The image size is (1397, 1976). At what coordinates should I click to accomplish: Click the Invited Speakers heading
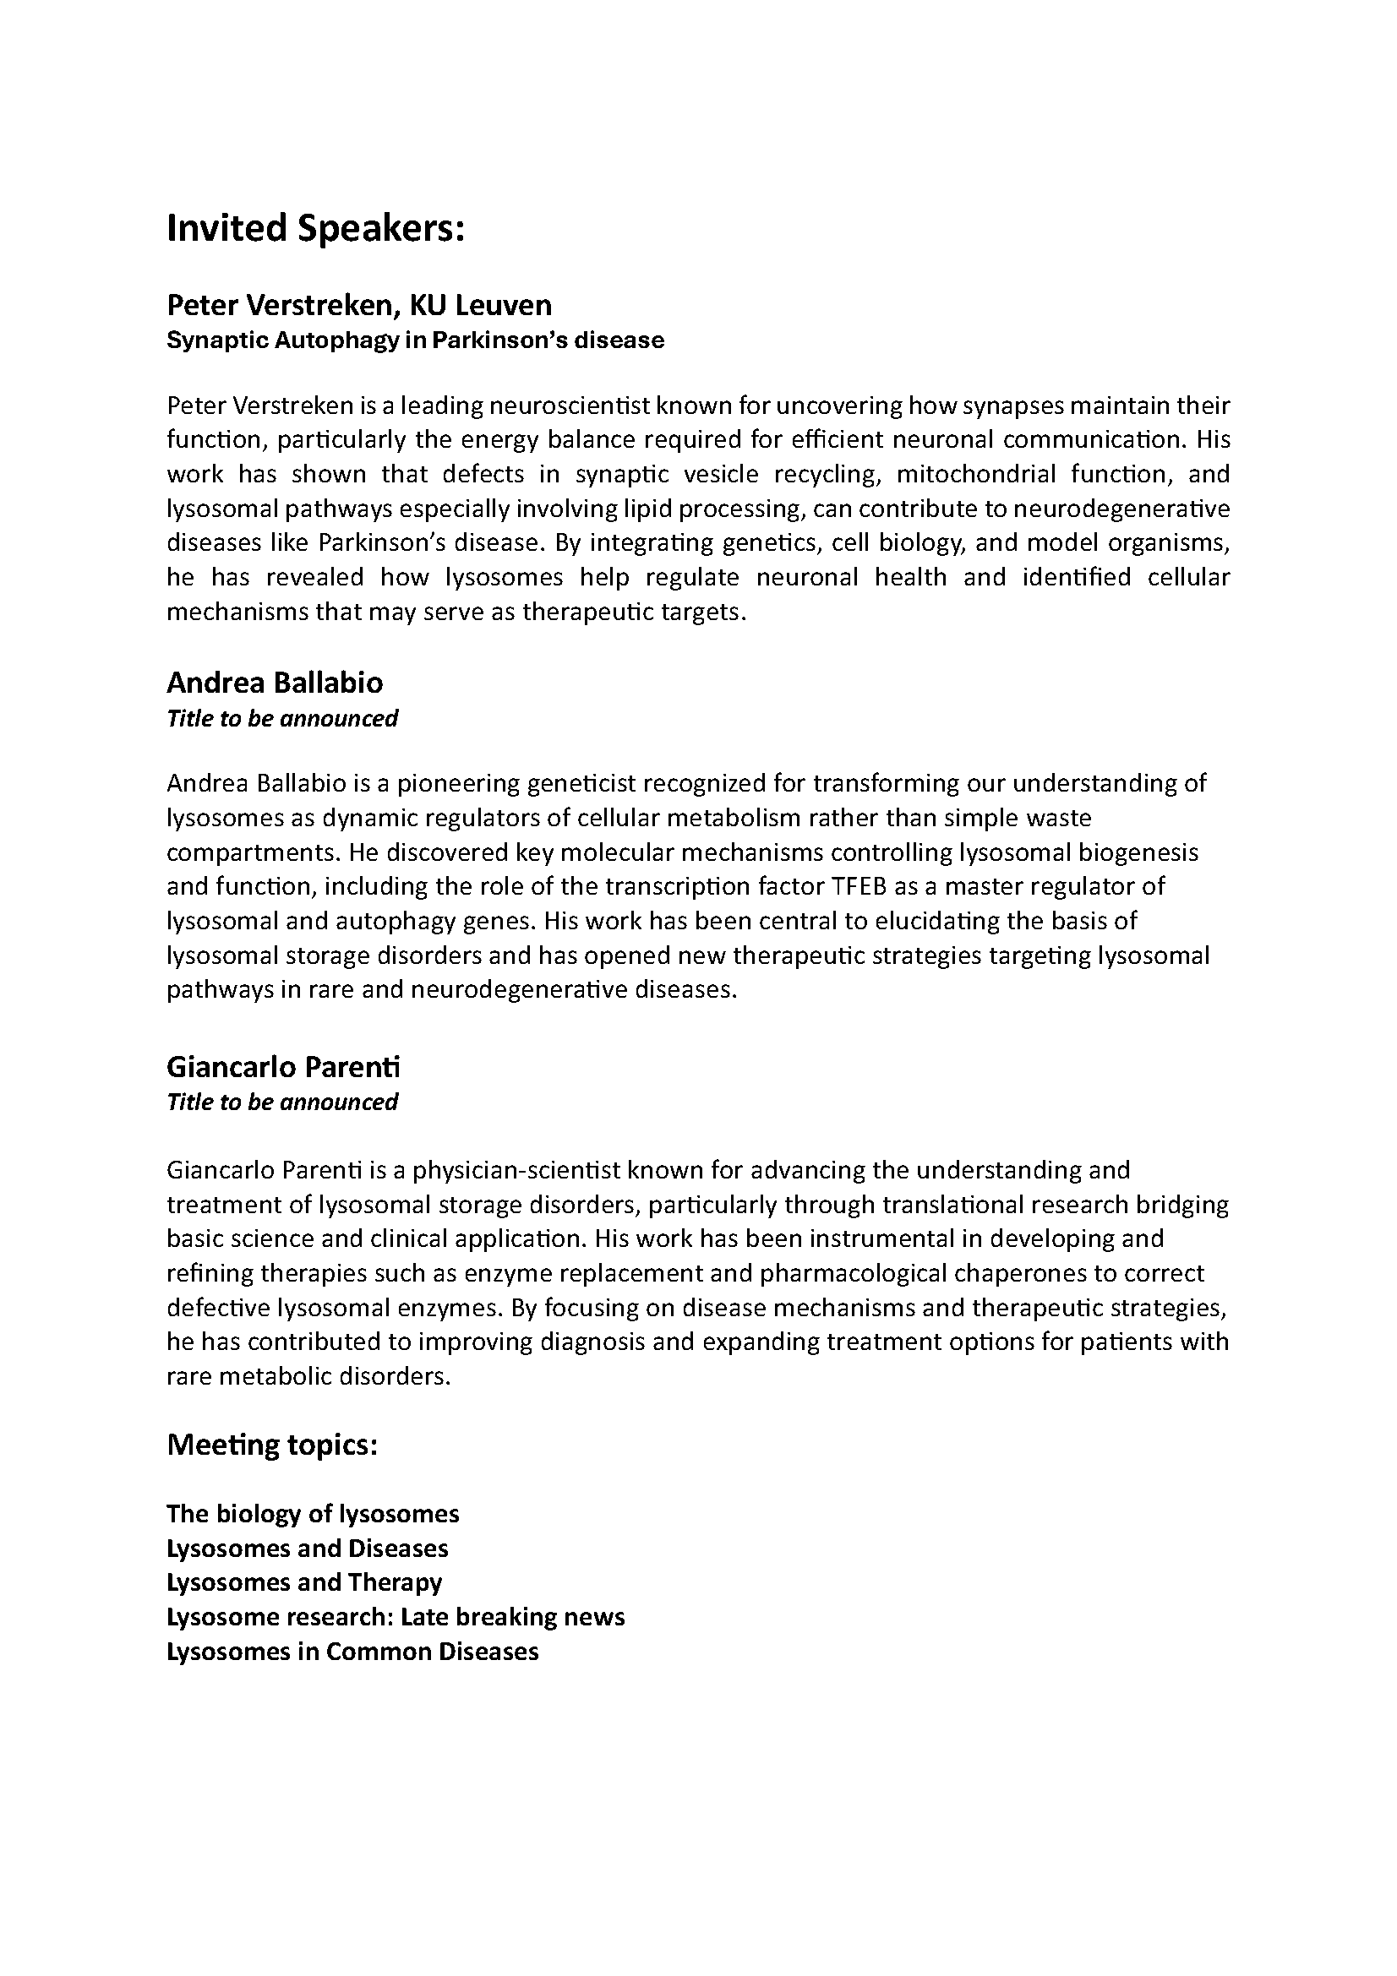click(315, 229)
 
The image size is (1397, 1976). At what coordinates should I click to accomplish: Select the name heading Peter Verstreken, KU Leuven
click(359, 305)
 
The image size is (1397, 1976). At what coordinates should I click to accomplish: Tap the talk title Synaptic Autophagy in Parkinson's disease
click(415, 340)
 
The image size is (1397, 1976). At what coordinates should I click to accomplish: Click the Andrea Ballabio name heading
click(275, 683)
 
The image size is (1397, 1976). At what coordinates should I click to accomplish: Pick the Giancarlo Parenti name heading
click(283, 1067)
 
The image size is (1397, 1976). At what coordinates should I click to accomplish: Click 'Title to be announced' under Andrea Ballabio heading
click(282, 719)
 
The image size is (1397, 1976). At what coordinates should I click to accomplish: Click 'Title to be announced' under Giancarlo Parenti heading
click(282, 1102)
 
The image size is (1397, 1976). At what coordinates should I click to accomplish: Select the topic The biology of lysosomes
click(313, 1514)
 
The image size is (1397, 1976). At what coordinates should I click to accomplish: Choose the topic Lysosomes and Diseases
click(308, 1549)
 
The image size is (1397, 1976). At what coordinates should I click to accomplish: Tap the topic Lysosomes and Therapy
click(304, 1582)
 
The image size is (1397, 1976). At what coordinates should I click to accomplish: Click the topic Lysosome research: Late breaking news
click(395, 1617)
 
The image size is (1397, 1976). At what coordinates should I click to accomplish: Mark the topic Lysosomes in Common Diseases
click(352, 1652)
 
